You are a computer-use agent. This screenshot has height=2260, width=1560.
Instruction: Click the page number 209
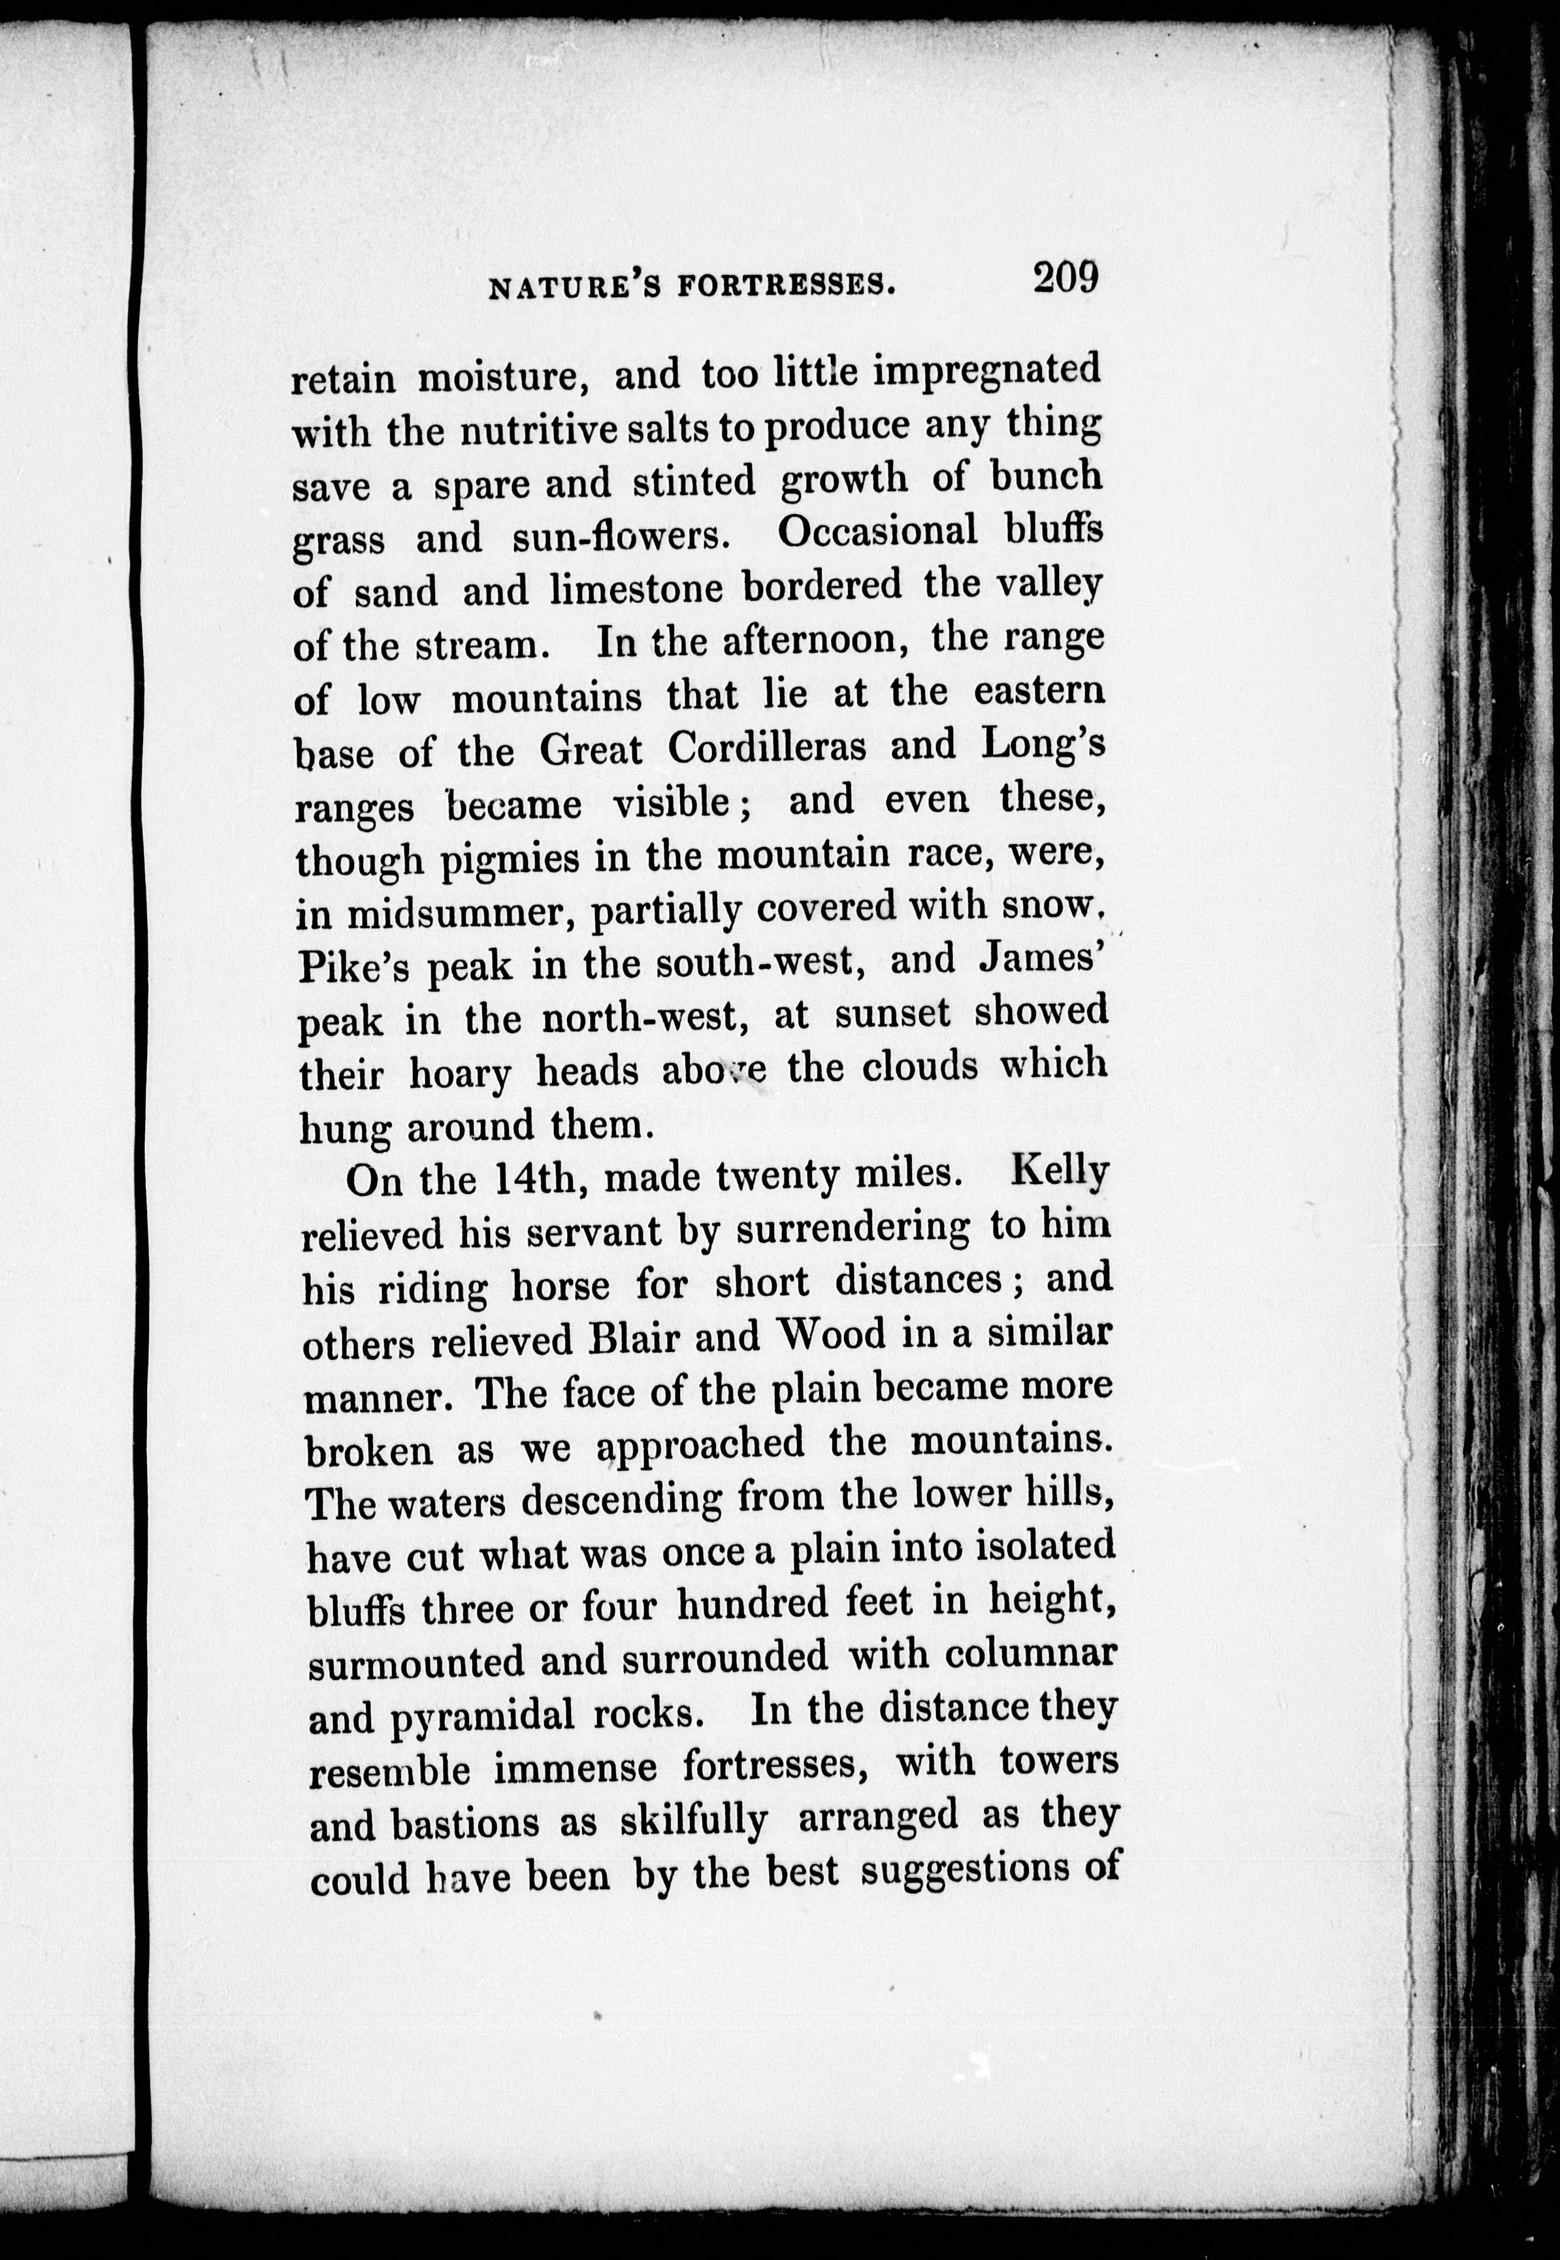pos(1064,278)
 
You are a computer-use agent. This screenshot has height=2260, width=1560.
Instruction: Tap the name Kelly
pos(1060,1172)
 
